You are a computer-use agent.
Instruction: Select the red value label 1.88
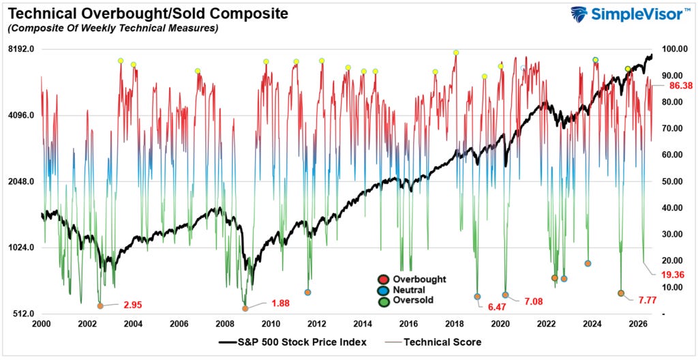pyautogui.click(x=280, y=303)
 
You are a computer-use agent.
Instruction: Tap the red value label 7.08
pyautogui.click(x=533, y=302)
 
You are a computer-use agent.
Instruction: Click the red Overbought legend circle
pyautogui.click(x=383, y=280)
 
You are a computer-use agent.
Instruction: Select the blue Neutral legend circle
pyautogui.click(x=383, y=290)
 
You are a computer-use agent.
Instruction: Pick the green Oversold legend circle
pyautogui.click(x=383, y=301)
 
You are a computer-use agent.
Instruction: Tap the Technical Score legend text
pyautogui.click(x=442, y=342)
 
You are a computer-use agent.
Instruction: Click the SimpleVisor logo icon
pyautogui.click(x=579, y=14)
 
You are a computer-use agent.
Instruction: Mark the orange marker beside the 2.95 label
pyautogui.click(x=100, y=305)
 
